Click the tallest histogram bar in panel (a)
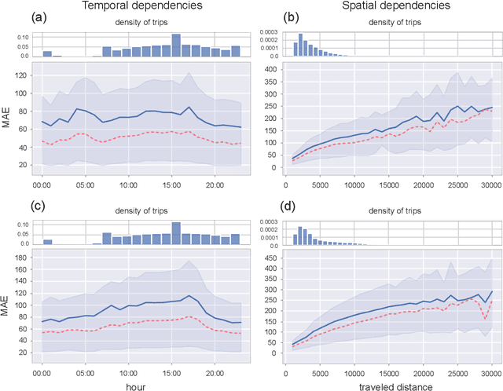coord(176,45)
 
